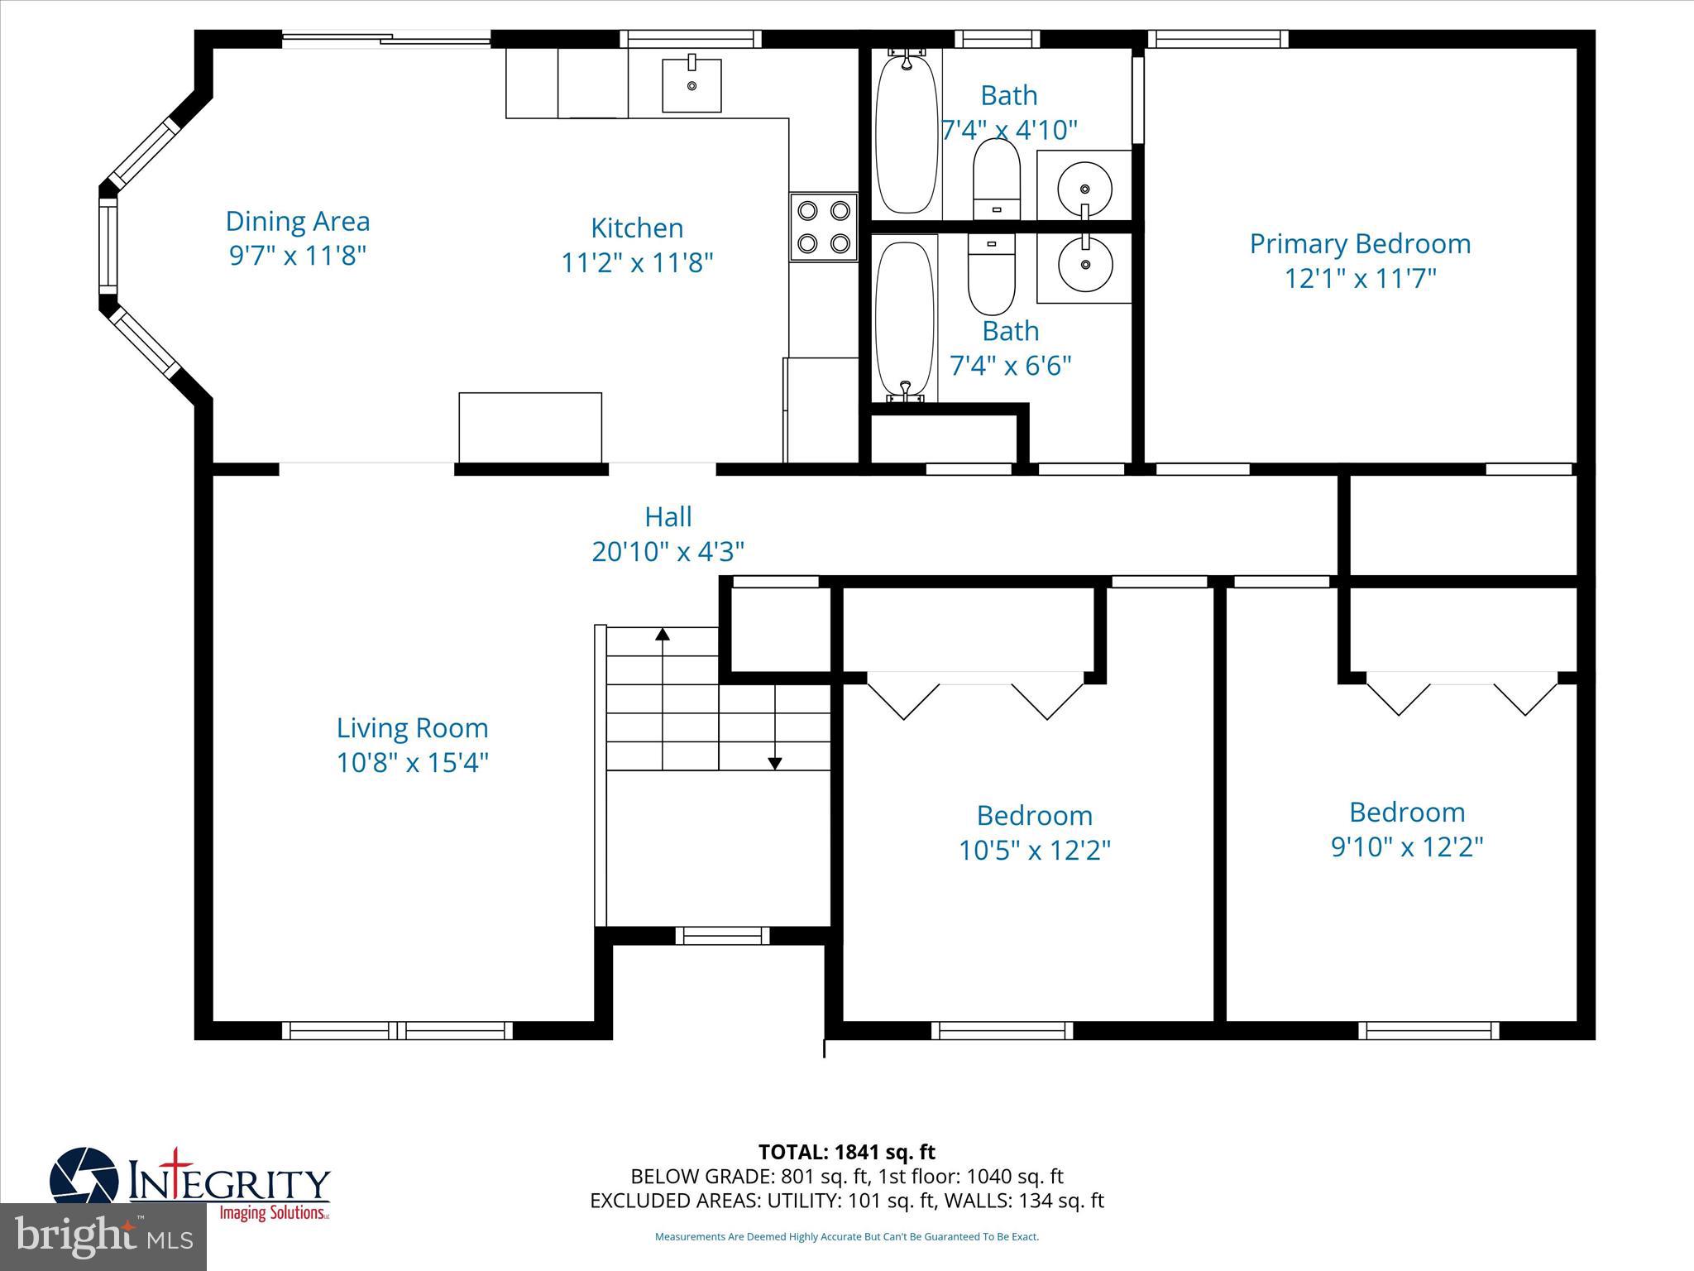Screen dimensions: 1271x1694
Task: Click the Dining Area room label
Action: coord(298,222)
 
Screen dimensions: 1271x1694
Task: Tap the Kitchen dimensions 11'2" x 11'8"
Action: coord(637,263)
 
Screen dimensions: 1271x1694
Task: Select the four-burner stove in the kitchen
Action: coord(824,227)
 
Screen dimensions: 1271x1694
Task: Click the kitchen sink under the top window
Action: coord(691,84)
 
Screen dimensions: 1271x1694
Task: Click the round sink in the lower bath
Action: coord(1084,266)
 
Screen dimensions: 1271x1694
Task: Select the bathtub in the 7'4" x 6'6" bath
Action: coord(905,319)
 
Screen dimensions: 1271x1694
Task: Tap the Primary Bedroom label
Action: coord(1360,244)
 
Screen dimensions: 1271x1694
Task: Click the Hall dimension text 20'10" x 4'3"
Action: coord(668,551)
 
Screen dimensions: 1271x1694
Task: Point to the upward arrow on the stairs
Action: coord(663,635)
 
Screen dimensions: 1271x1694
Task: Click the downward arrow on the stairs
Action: coord(775,763)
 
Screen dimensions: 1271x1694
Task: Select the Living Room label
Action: coord(412,728)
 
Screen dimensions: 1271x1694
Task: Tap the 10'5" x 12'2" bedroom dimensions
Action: coord(1034,851)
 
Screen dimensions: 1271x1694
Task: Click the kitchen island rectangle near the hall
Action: coord(530,427)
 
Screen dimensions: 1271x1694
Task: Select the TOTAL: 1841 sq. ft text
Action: coord(846,1152)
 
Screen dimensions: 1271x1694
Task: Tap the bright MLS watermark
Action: coord(103,1236)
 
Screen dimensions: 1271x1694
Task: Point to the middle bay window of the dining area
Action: coord(108,247)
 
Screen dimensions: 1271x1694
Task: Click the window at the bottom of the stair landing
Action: coord(722,936)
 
